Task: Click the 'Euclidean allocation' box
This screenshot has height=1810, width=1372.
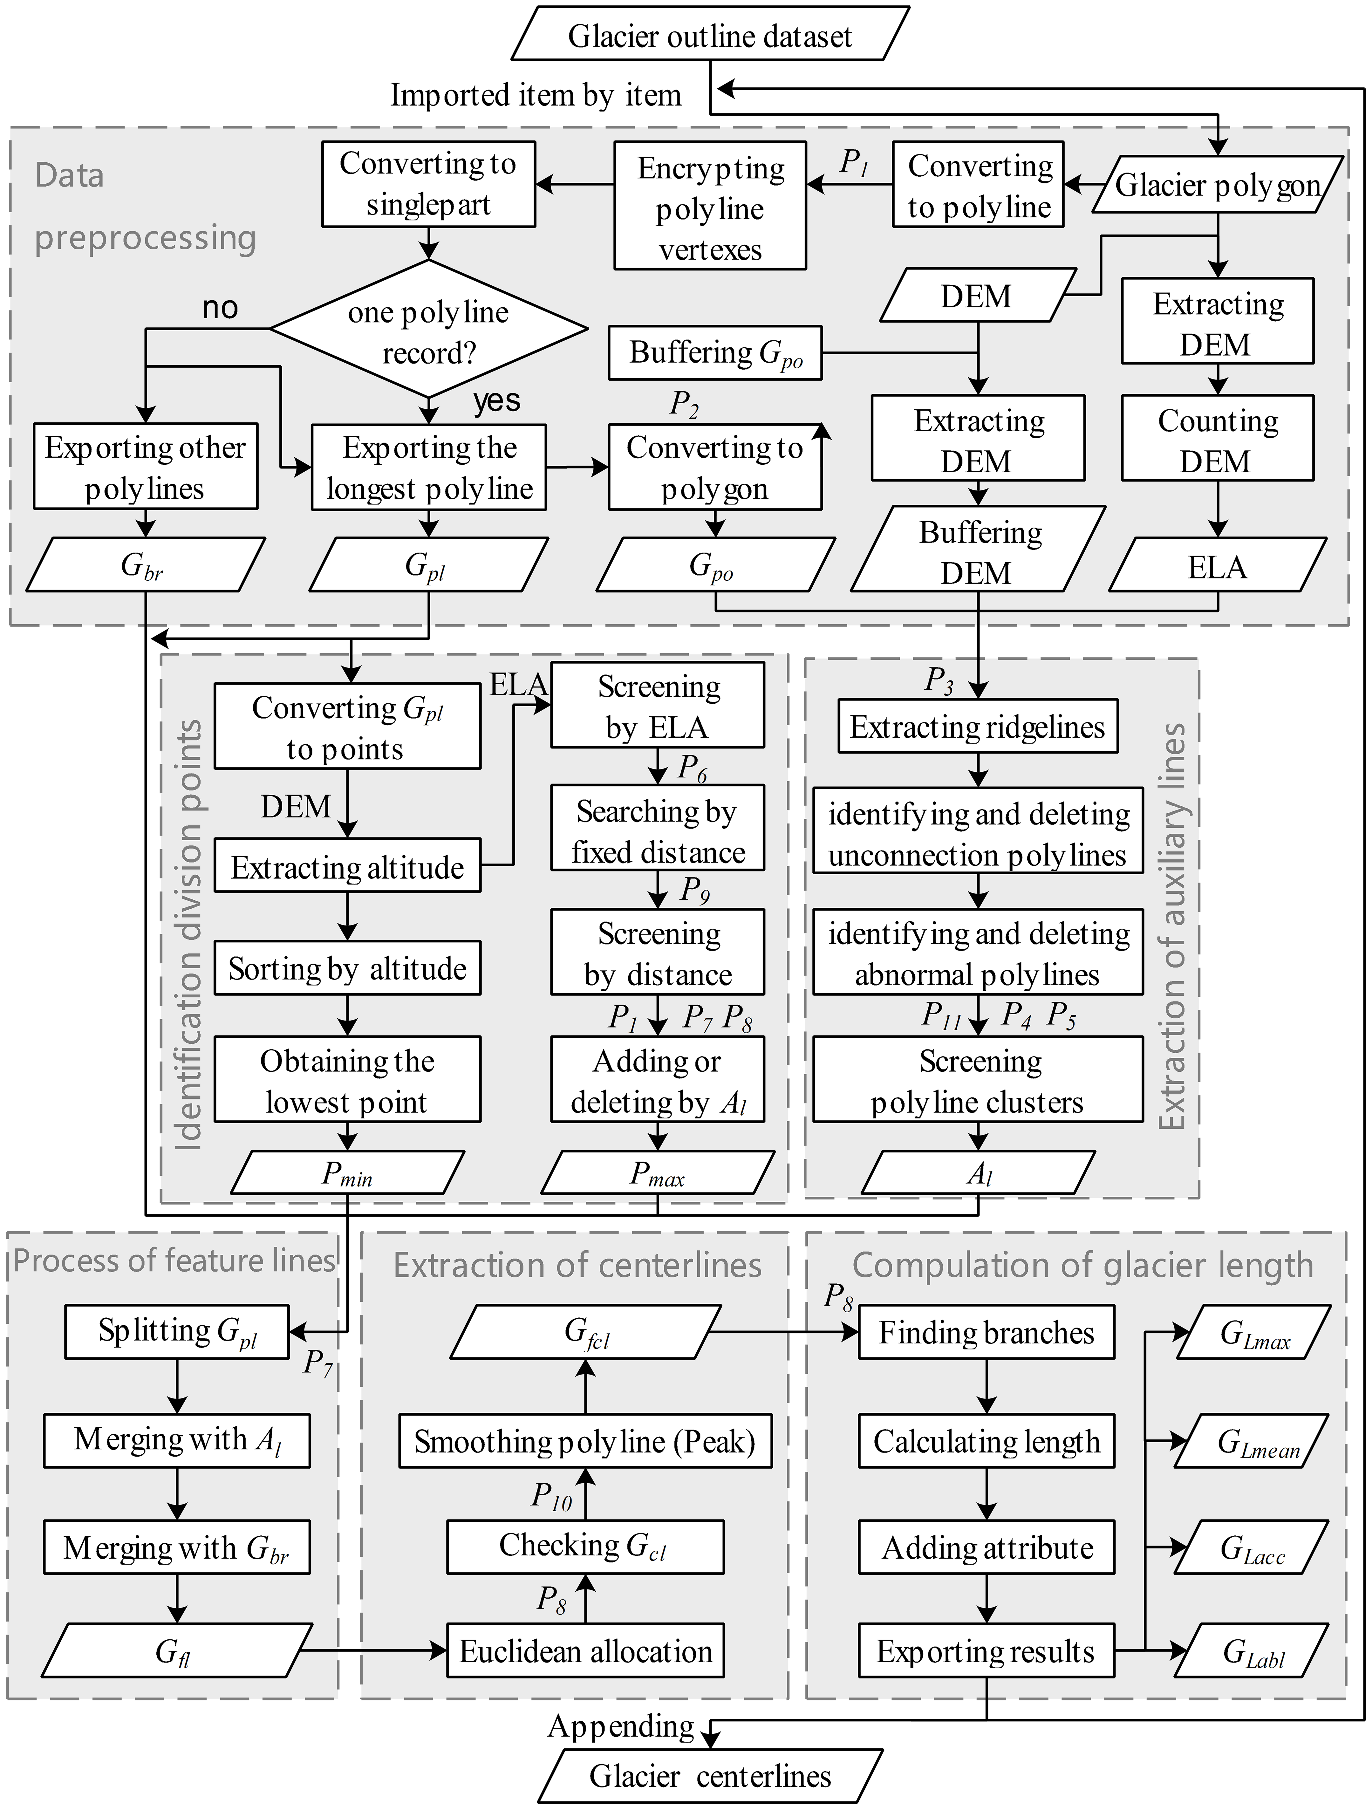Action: tap(585, 1651)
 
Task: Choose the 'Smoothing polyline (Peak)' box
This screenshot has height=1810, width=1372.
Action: tap(585, 1441)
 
